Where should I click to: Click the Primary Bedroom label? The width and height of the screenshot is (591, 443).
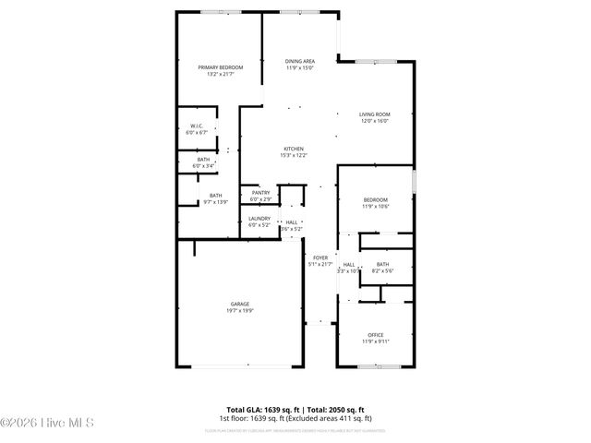tap(220, 66)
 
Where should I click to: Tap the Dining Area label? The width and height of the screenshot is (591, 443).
tap(300, 61)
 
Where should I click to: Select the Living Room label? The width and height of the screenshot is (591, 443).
tap(374, 114)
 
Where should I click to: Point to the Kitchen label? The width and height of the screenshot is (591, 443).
tap(294, 149)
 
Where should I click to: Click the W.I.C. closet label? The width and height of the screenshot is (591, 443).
tap(197, 126)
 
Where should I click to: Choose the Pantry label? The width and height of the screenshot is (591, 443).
tap(260, 192)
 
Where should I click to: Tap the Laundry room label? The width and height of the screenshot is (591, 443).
tap(259, 219)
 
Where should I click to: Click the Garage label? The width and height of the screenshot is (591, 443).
tap(240, 304)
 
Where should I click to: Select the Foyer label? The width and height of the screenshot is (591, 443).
tap(320, 257)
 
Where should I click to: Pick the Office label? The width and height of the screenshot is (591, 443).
tap(375, 335)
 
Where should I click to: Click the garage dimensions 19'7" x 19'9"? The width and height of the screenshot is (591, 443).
tap(240, 311)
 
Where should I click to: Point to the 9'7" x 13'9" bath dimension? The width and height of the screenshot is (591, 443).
tap(215, 201)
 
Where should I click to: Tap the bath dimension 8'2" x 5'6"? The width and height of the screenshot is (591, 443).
tap(382, 271)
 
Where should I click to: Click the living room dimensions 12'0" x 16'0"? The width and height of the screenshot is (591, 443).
tap(374, 121)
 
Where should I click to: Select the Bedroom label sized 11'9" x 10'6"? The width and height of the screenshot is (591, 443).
tap(375, 200)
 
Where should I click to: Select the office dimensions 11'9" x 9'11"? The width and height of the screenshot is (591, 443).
tap(375, 341)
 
